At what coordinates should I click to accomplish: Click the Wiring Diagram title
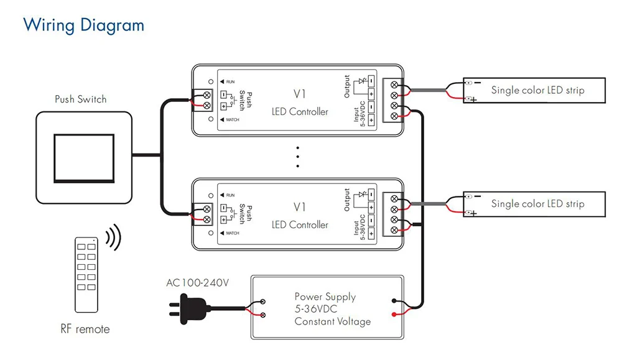click(84, 25)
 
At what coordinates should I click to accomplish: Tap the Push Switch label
click(80, 99)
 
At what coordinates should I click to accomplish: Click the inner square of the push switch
click(84, 158)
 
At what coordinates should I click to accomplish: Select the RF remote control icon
click(86, 275)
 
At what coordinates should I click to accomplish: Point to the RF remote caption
click(85, 329)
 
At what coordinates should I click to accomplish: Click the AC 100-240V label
click(198, 283)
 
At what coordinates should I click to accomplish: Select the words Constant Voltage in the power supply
click(332, 321)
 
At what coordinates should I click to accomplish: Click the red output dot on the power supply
click(394, 315)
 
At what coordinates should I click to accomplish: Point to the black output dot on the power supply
click(394, 301)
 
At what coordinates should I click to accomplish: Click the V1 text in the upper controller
click(300, 94)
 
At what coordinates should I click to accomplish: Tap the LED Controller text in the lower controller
click(300, 225)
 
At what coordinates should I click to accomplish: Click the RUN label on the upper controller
click(231, 81)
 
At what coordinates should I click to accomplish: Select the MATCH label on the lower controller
click(233, 233)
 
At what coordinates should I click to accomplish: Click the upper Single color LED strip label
click(537, 90)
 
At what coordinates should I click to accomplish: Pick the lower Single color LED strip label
click(537, 204)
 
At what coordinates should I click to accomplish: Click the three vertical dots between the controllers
click(297, 157)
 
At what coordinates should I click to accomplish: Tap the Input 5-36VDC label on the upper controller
click(360, 114)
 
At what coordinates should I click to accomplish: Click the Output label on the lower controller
click(346, 200)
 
